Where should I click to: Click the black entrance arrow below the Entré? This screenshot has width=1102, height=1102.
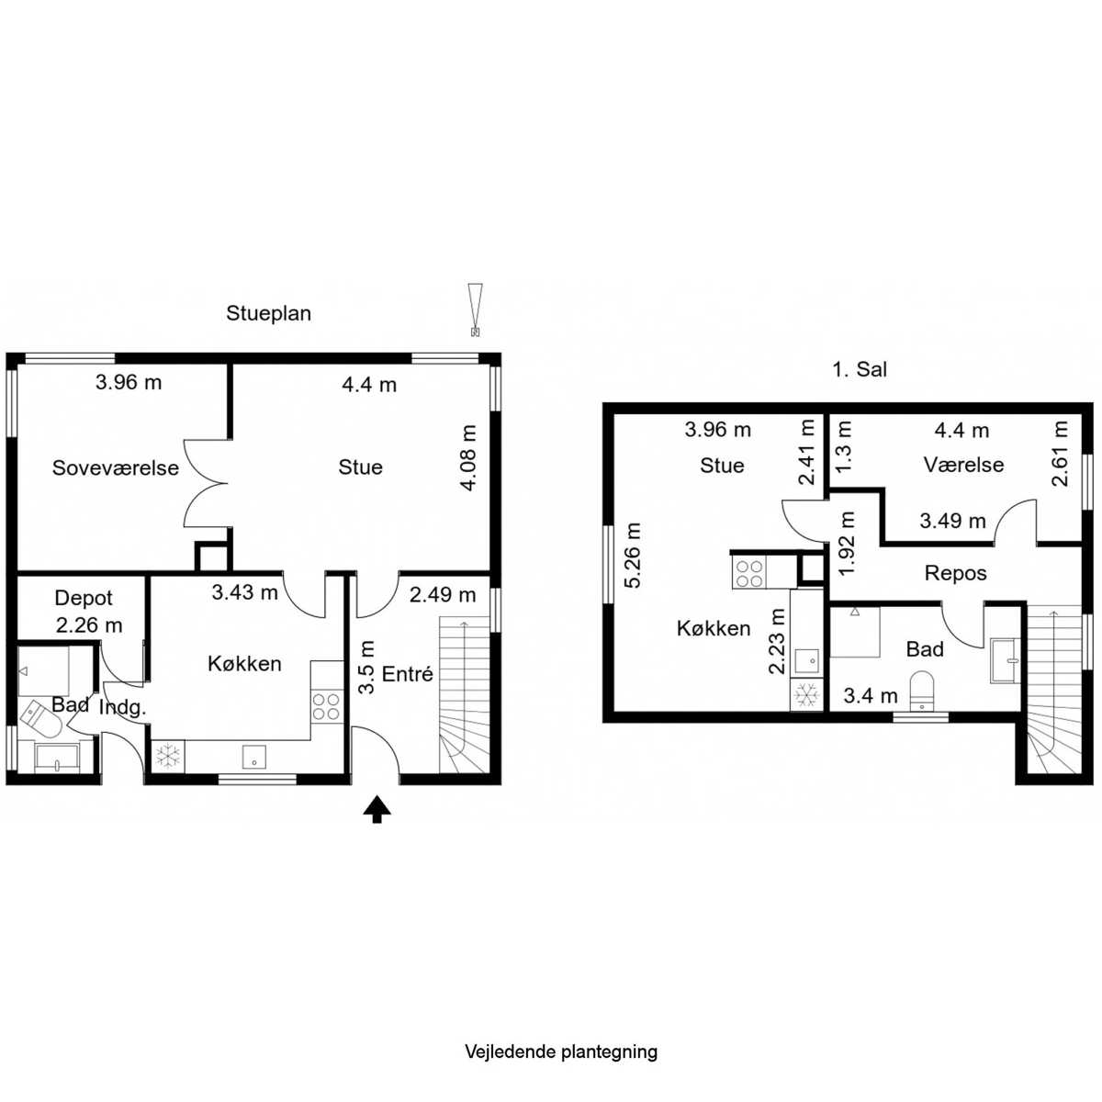[x=377, y=809]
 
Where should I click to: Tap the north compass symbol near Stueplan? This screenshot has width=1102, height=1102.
[x=475, y=309]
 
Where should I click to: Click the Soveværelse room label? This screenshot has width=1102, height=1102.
[x=116, y=467]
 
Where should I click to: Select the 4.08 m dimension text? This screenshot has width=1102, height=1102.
[x=468, y=458]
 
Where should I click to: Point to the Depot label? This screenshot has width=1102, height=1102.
[x=84, y=598]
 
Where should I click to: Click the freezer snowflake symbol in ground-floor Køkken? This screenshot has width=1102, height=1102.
[x=168, y=756]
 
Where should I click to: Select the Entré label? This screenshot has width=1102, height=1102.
[x=407, y=674]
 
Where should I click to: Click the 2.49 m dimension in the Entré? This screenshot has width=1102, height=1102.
[x=443, y=595]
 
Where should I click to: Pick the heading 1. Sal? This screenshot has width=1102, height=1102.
[x=860, y=369]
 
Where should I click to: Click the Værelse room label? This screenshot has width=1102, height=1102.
[x=963, y=465]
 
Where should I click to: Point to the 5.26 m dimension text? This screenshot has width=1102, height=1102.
[x=633, y=556]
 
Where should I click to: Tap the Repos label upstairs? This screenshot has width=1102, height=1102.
[x=956, y=574]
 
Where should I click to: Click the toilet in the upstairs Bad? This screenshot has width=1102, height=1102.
[x=921, y=692]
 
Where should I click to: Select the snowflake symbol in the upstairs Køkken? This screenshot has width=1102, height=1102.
[x=806, y=695]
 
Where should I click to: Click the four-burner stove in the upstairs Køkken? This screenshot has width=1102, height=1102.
[x=749, y=574]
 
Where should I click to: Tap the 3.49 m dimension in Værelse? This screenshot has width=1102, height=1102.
[x=952, y=521]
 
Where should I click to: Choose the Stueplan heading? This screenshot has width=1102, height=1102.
[x=268, y=313]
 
